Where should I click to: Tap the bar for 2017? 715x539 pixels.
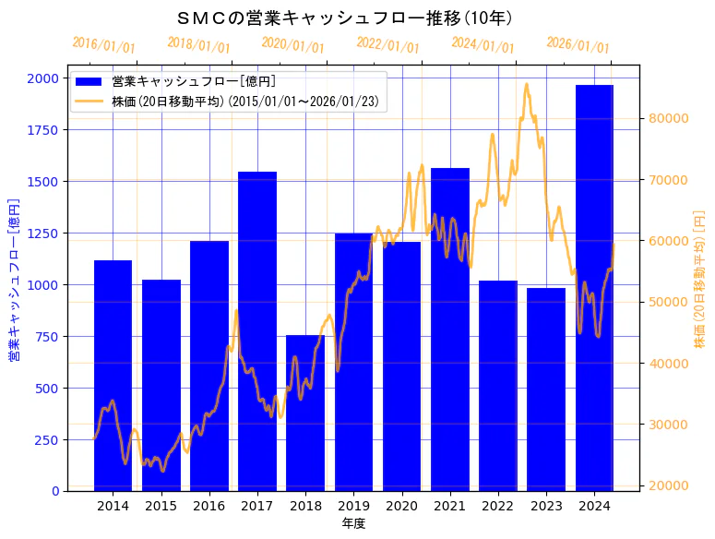pyautogui.click(x=257, y=331)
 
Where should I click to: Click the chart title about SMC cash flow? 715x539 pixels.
pyautogui.click(x=344, y=18)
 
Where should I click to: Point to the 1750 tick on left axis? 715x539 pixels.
pyautogui.click(x=42, y=130)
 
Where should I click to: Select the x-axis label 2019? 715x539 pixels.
pyautogui.click(x=353, y=506)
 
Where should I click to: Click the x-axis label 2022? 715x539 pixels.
pyautogui.click(x=498, y=506)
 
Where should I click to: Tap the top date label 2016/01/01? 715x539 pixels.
pyautogui.click(x=103, y=45)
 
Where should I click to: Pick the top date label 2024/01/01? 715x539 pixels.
pyautogui.click(x=483, y=45)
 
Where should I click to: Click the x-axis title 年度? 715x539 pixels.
pyautogui.click(x=353, y=523)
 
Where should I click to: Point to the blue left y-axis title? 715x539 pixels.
pyautogui.click(x=14, y=279)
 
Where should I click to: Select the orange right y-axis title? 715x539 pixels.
pyautogui.click(x=699, y=279)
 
